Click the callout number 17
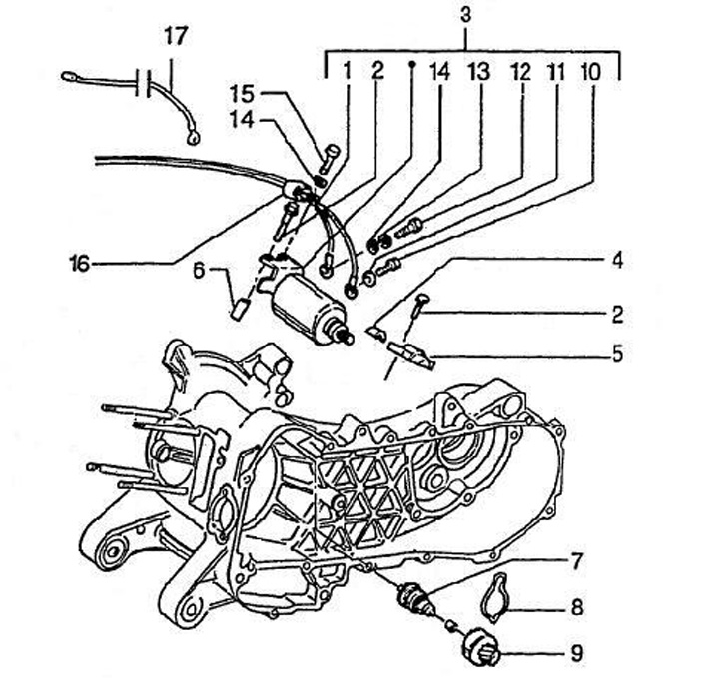[176, 37]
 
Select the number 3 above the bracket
[465, 15]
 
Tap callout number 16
[79, 264]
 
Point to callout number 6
[198, 271]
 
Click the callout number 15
[242, 94]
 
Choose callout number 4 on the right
[618, 260]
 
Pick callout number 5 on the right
[618, 354]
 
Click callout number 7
[576, 561]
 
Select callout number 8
[577, 607]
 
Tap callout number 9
[577, 653]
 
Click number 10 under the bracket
[590, 72]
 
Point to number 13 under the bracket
[479, 72]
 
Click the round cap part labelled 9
[479, 647]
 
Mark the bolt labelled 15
[328, 160]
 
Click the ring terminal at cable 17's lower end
[194, 137]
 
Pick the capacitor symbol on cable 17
[144, 83]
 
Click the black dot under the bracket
[411, 64]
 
